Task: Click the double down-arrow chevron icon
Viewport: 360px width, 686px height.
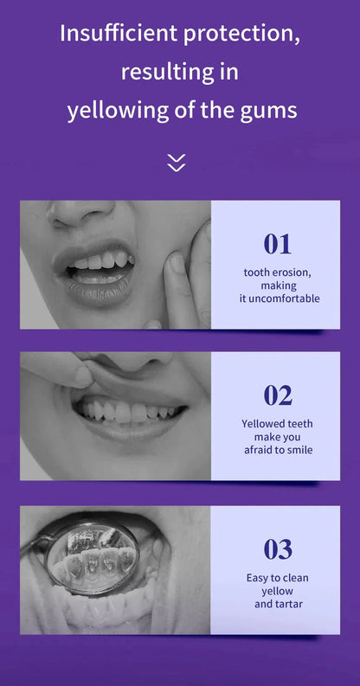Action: (177, 162)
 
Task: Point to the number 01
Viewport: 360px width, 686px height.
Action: (278, 244)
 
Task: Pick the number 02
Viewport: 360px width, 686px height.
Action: (278, 395)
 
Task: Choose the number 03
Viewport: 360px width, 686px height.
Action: (278, 549)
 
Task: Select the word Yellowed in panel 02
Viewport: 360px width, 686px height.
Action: (265, 424)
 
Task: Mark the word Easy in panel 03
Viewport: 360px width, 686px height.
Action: (258, 577)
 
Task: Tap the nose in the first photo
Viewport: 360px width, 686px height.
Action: (82, 211)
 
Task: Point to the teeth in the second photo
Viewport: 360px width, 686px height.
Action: (130, 412)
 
